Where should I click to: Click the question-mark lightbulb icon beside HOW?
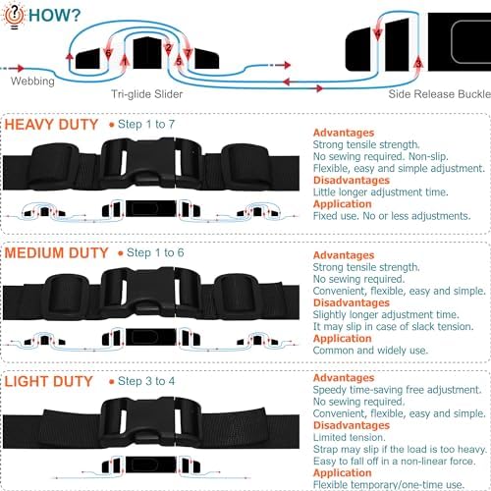pos(14,16)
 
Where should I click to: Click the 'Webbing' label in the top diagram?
pos(32,81)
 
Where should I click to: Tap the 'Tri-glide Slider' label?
pos(147,94)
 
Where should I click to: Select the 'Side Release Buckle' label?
pos(440,94)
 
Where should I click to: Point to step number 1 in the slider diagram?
pos(124,61)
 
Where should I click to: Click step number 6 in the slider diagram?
pos(108,53)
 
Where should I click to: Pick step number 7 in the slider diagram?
pos(188,53)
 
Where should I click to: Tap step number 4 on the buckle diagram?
pos(378,33)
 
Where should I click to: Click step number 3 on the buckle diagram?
pos(418,64)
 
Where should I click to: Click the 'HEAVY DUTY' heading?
pos(51,125)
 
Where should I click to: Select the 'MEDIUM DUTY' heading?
pos(56,253)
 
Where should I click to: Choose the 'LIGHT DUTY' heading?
pos(49,382)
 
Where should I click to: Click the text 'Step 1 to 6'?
pos(155,252)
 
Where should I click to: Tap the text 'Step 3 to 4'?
pos(146,381)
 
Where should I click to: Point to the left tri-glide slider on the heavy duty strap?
pos(55,167)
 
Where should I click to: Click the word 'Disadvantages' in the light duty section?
pos(352,425)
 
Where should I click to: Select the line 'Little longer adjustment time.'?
pos(380,192)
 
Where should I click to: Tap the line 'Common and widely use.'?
pos(370,351)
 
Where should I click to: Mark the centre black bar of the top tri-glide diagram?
pos(147,53)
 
